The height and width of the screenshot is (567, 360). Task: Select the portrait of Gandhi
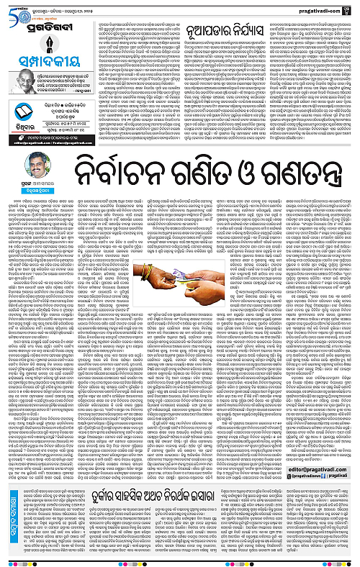click(x=16, y=61)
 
